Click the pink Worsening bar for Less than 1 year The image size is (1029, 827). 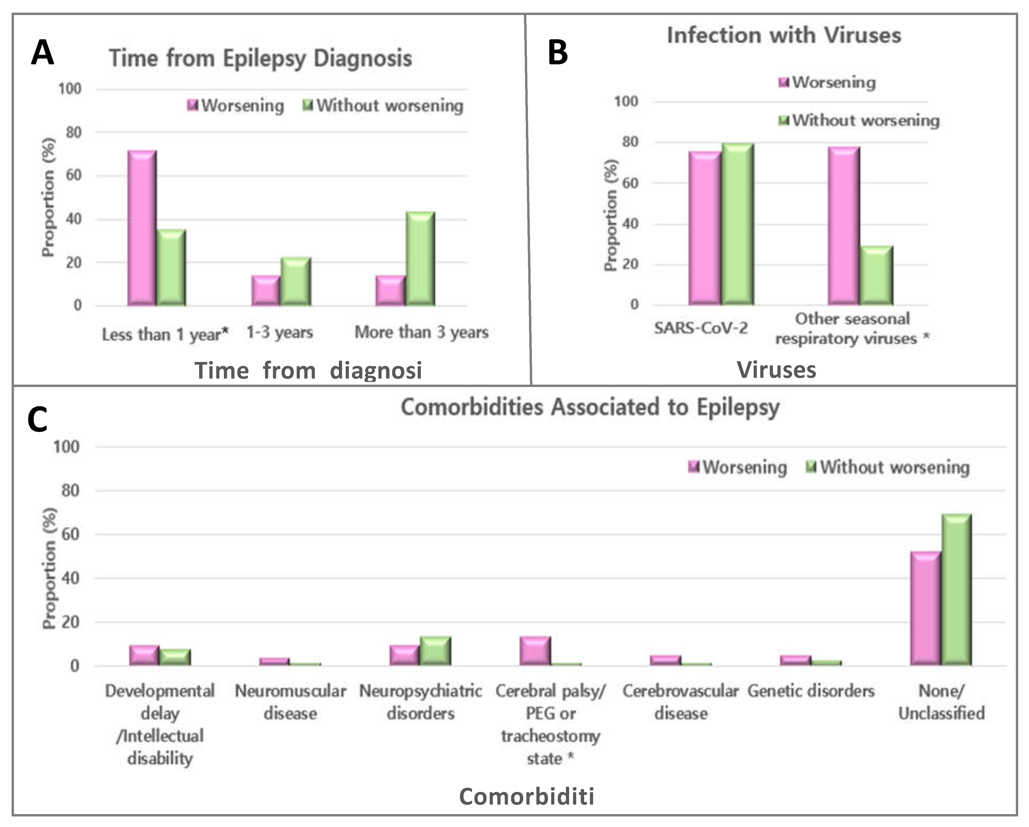(x=142, y=228)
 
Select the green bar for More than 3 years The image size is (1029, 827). (x=420, y=259)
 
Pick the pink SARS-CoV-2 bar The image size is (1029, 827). (x=704, y=228)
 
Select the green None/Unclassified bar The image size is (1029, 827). (x=956, y=589)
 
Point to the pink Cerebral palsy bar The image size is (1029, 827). (x=535, y=651)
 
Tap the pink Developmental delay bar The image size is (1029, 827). (x=144, y=655)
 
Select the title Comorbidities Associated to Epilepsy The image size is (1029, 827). (x=590, y=407)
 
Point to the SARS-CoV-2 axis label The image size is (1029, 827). (x=701, y=328)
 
